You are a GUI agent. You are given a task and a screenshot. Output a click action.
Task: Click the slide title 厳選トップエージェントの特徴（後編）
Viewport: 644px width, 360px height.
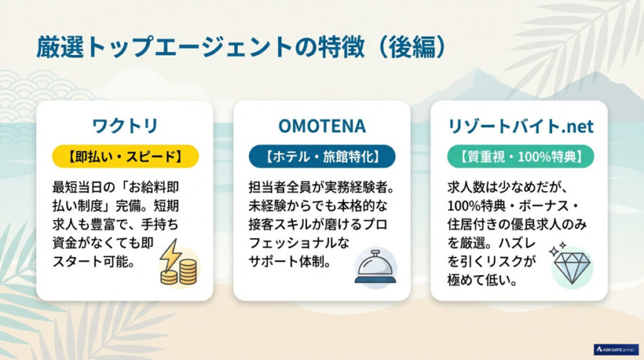pos(241,47)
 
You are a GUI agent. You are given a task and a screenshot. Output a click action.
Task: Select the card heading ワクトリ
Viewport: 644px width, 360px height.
pos(125,126)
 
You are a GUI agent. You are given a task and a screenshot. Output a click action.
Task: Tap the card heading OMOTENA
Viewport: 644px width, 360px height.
pos(322,126)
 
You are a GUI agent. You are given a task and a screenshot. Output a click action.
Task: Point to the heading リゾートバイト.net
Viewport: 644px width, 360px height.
pos(520,126)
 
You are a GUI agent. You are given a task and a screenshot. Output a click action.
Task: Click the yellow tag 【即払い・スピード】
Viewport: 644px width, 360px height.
pos(125,157)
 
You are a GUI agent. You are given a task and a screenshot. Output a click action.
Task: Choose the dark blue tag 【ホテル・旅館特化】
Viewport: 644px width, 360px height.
pos(322,157)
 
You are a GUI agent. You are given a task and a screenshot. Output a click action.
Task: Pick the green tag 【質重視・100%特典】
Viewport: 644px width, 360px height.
pos(520,157)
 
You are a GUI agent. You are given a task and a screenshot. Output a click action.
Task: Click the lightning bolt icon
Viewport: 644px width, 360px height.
pos(170,255)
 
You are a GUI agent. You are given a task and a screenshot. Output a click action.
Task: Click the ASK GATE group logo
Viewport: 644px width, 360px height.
pos(616,349)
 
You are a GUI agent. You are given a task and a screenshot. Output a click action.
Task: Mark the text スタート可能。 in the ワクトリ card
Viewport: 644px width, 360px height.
pos(94,262)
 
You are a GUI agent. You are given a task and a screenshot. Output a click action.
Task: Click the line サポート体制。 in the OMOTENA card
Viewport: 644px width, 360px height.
pos(290,262)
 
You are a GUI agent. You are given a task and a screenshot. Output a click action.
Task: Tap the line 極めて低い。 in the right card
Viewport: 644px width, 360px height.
pos(482,281)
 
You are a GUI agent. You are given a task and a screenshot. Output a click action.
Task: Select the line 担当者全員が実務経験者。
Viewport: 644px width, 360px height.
pos(322,188)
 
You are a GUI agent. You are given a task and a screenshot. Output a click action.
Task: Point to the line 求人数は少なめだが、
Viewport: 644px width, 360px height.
pos(508,188)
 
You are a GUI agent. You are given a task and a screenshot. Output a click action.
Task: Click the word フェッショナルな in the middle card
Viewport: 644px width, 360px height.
pos(299,243)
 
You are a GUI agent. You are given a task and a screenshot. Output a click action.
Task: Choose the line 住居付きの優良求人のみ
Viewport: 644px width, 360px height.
pos(517,225)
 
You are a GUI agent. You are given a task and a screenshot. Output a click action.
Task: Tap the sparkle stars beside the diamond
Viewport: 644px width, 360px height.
pos(557,249)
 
